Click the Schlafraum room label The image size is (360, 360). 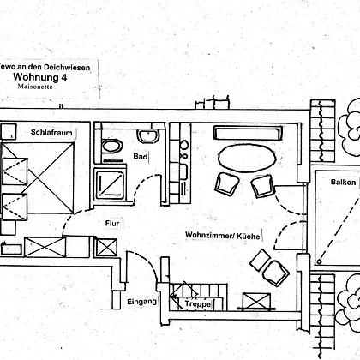point(51,133)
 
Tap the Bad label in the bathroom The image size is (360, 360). point(141,157)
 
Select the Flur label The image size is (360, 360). point(112,223)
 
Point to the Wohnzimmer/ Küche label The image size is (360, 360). point(223,236)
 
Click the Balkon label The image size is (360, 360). point(343,183)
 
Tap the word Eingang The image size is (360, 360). point(141,302)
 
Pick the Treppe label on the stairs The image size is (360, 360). point(198,303)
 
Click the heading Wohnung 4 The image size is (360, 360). point(40,77)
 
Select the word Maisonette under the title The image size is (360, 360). point(35,87)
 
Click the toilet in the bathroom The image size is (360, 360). point(112,147)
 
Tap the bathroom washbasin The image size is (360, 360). point(148,136)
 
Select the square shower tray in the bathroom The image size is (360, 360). point(110,184)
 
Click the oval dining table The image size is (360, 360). point(247,158)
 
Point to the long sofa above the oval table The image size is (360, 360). point(248,133)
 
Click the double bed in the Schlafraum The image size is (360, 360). point(38,177)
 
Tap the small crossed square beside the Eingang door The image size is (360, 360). point(106,248)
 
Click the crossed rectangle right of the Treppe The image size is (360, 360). point(256,301)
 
